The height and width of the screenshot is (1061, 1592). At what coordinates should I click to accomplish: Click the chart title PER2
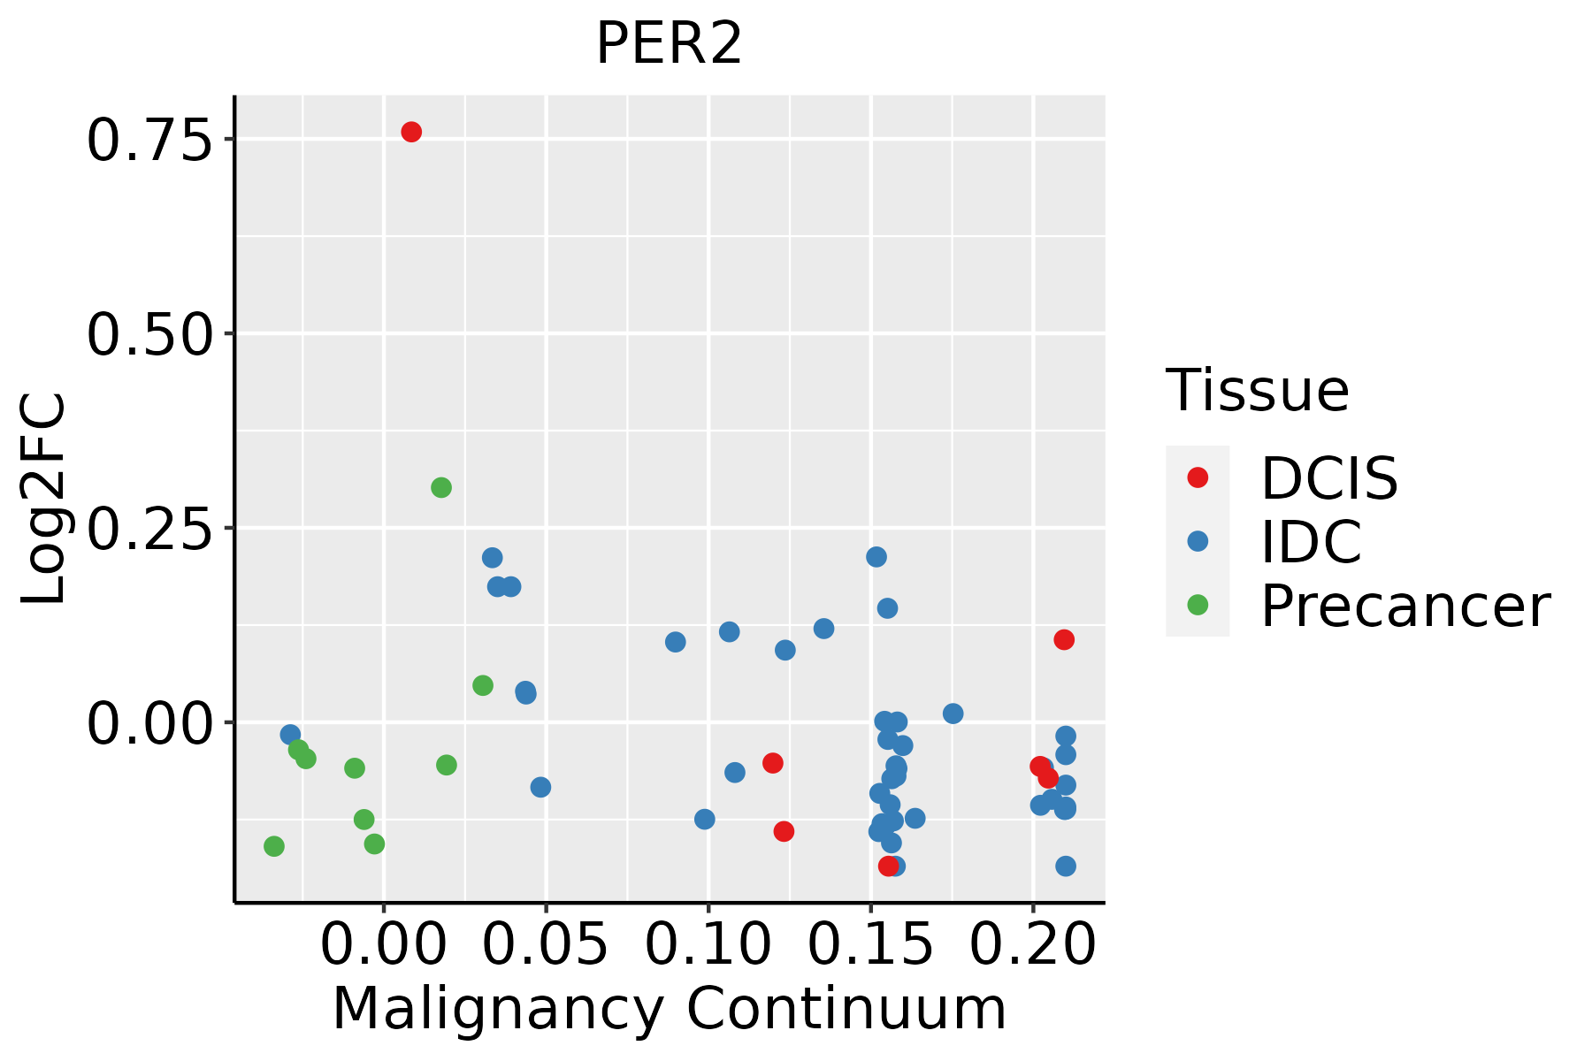670,44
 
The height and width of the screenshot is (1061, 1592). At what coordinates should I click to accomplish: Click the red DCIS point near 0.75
411,132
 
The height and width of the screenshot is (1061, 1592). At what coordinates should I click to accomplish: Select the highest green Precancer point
441,487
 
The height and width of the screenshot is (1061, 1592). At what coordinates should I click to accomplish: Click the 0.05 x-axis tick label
546,944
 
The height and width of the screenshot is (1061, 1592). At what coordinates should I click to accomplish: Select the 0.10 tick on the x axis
708,944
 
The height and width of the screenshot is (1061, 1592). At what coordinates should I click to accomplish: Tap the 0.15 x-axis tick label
871,944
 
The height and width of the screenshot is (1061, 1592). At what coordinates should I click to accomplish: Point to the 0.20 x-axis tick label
1033,944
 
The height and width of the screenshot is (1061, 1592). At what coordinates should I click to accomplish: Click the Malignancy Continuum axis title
670,1009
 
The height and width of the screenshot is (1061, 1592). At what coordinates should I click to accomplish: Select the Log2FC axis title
44,500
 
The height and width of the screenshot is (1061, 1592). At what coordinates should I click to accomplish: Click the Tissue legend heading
1258,390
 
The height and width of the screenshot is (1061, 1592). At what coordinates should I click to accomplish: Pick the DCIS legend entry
1328,478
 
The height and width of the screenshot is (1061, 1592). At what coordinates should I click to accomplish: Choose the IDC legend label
1311,542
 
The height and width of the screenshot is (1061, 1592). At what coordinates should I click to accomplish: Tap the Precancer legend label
1404,607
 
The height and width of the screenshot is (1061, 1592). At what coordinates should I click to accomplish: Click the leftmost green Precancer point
274,846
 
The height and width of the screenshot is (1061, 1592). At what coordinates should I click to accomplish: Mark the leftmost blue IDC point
290,735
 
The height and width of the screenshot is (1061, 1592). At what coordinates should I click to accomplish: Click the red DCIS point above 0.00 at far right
1064,639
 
